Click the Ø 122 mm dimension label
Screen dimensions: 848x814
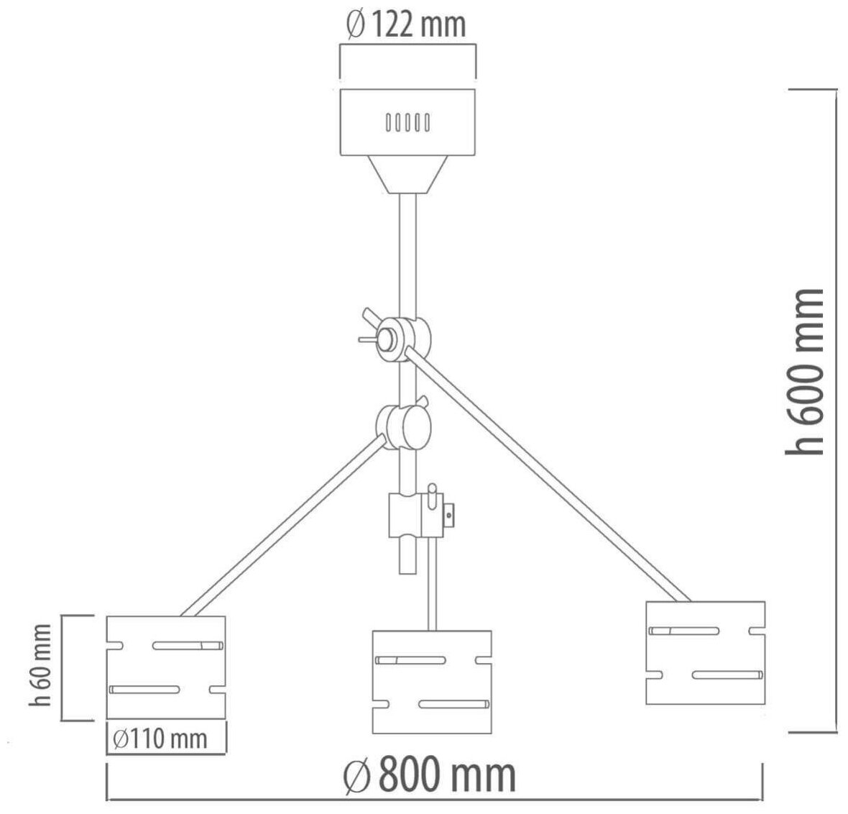tap(406, 25)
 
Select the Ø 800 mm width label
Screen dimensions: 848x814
tap(430, 774)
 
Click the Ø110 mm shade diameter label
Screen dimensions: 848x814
tap(160, 738)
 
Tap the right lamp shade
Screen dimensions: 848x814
tap(704, 652)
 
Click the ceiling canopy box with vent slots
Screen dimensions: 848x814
tap(407, 122)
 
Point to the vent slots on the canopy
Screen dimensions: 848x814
tap(407, 122)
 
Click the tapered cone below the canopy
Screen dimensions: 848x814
tap(407, 175)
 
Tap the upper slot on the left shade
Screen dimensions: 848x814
tap(188, 645)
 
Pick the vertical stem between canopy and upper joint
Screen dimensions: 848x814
tap(407, 252)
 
